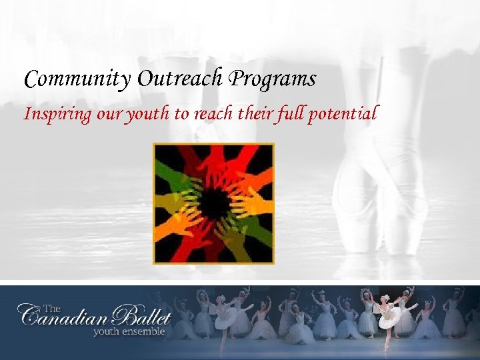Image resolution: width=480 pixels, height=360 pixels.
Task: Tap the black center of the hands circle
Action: (x=213, y=203)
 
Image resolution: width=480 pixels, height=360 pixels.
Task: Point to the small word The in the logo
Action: (x=51, y=308)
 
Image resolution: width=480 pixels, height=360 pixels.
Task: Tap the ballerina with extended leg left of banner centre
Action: (x=227, y=317)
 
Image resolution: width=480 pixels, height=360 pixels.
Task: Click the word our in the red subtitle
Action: (x=108, y=115)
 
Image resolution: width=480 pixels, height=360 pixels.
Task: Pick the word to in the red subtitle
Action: (x=181, y=115)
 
